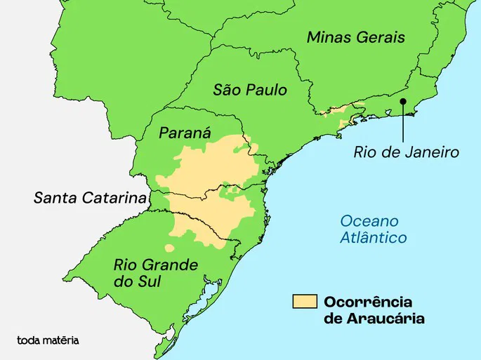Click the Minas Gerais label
[355, 38]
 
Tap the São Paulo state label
[250, 90]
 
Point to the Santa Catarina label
[89, 198]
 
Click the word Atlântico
[373, 238]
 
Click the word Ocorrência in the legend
[368, 302]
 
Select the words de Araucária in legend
[374, 319]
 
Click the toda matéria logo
[48, 340]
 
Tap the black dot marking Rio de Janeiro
[404, 102]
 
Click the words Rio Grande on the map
[156, 265]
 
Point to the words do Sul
[138, 282]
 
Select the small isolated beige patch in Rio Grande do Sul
[170, 248]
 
